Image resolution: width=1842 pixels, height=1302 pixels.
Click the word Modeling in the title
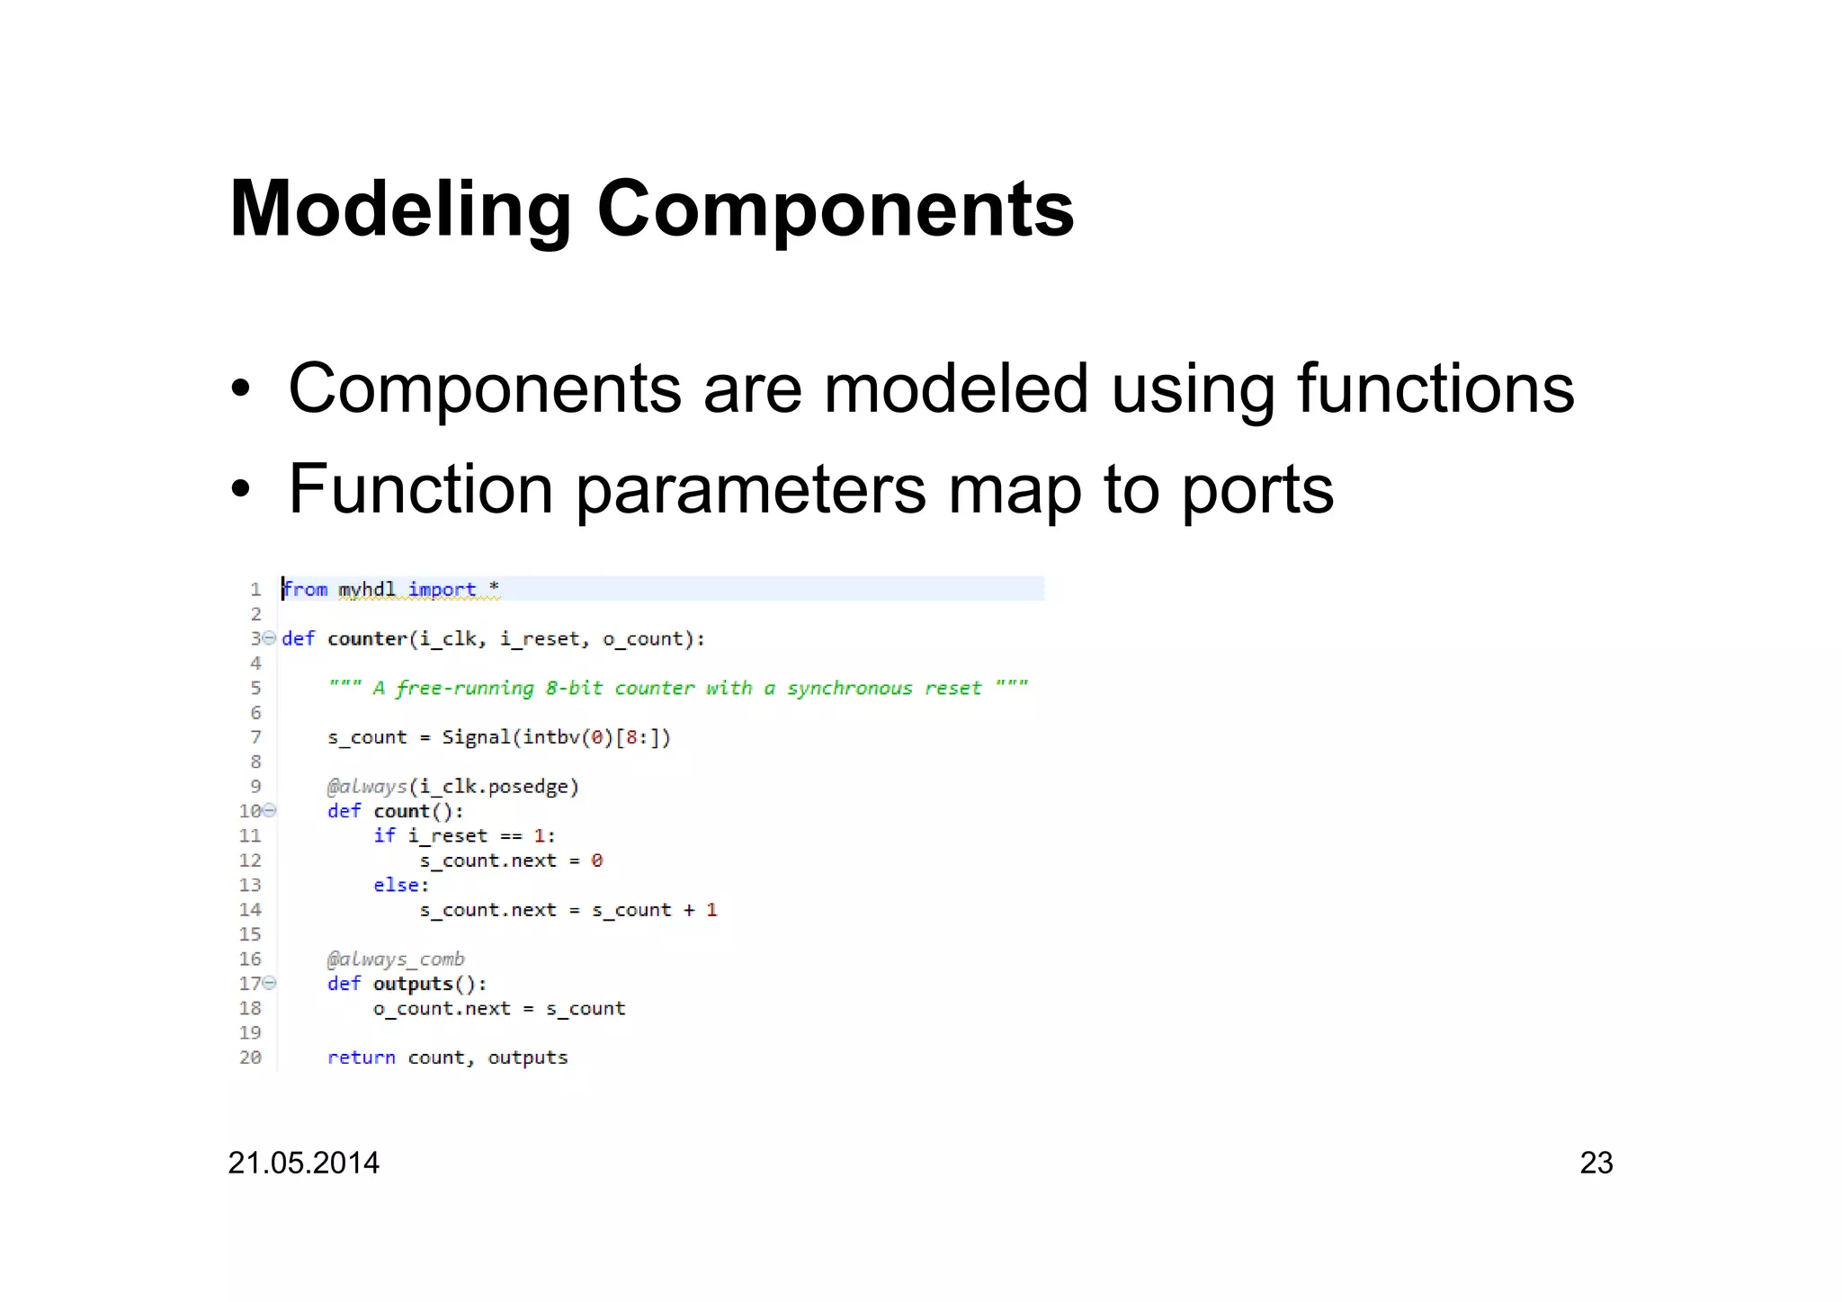(400, 210)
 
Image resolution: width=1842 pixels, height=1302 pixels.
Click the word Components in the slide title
(836, 210)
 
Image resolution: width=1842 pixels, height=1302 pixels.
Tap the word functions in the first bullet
(1435, 388)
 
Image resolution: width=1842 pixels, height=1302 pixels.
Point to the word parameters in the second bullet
(750, 490)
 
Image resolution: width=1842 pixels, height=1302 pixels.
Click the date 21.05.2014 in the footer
(303, 1163)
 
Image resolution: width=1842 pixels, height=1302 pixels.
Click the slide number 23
(1596, 1163)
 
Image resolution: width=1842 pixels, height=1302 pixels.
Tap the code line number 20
(250, 1057)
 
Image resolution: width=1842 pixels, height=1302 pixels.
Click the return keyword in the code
(361, 1057)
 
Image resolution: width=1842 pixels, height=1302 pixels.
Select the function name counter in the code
(367, 638)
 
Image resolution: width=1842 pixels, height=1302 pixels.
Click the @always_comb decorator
(396, 959)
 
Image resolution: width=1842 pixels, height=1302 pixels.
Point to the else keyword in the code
(397, 885)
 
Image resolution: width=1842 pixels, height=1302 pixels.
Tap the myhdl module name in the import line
(366, 589)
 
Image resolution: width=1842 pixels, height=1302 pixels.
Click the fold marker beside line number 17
(269, 984)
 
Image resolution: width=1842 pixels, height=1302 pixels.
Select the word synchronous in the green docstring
(849, 688)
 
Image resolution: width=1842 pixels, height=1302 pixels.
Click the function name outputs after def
(413, 984)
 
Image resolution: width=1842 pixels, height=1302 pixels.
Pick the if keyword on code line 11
(384, 835)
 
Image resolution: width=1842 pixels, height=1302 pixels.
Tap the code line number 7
(255, 737)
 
